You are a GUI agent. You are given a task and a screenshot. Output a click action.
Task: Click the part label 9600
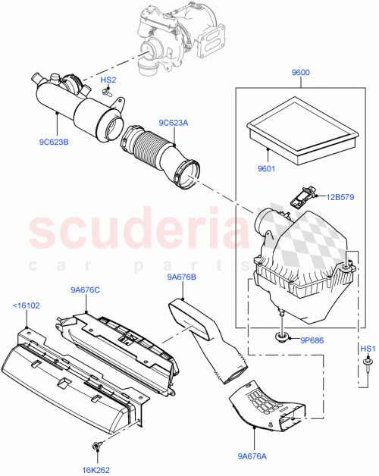tap(302, 74)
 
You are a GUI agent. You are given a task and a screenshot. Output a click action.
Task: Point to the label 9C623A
tap(174, 122)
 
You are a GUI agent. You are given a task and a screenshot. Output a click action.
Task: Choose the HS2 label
tap(108, 80)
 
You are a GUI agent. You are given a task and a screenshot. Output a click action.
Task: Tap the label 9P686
tap(309, 342)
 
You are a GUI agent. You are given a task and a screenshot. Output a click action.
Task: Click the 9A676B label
tap(183, 277)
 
